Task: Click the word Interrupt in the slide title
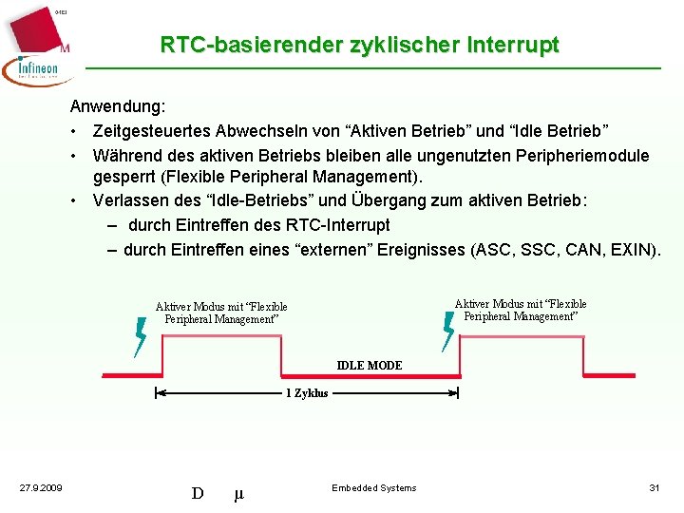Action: pos(513,45)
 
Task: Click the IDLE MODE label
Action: pos(370,366)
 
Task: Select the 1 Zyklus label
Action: pos(307,393)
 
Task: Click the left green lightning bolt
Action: pos(141,336)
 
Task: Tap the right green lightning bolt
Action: pos(449,332)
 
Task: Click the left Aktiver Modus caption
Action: pos(221,313)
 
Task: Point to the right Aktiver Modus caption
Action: pos(521,310)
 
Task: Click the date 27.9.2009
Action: pos(41,488)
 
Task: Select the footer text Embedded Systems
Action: pos(373,488)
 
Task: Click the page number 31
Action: pos(654,488)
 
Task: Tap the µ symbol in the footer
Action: pos(238,493)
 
